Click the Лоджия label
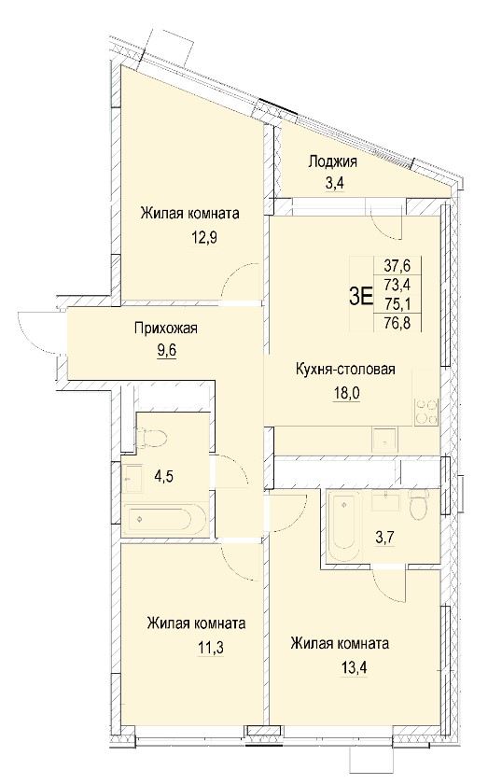[332, 161]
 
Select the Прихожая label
[165, 328]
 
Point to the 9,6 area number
[167, 347]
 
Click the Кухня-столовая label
[345, 369]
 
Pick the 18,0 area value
[347, 393]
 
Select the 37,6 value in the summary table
[397, 263]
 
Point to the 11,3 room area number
[210, 649]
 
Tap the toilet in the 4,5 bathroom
[152, 437]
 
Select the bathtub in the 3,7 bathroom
[343, 526]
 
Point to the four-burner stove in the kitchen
[426, 412]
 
